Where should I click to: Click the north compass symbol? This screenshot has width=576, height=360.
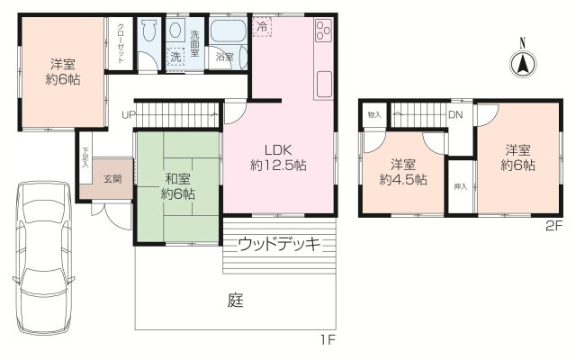[521, 64]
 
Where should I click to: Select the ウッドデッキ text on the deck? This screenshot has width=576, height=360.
[279, 244]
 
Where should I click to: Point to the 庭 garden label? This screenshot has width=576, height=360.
[235, 301]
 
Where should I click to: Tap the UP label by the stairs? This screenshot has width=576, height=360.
[129, 115]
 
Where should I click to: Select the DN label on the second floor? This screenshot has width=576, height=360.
[455, 115]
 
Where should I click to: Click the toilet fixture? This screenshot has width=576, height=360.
[150, 34]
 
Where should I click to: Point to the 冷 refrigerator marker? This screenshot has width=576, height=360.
[260, 26]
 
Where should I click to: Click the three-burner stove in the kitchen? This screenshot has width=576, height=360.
[323, 36]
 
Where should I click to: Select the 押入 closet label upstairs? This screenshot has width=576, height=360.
[459, 186]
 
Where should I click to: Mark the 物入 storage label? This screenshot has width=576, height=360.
[374, 115]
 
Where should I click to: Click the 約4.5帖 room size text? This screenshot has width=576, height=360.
[402, 179]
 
